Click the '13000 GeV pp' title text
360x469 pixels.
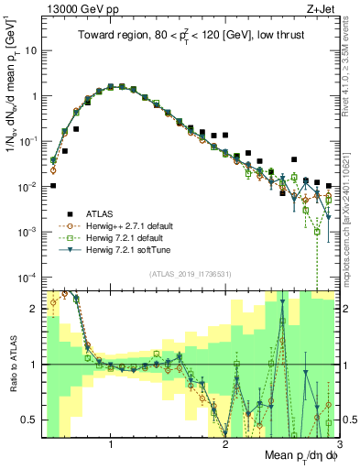point(80,9)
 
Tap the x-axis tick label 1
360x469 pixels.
point(111,446)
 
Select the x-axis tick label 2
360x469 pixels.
point(225,446)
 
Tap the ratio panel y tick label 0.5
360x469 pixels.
point(30,420)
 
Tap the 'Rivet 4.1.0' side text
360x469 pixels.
point(353,64)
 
